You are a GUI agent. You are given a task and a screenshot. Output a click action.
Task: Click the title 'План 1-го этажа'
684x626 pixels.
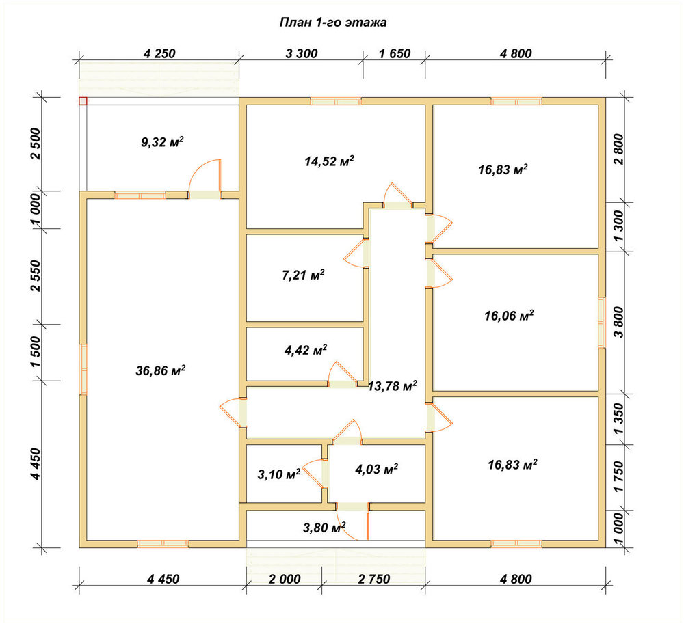(333, 23)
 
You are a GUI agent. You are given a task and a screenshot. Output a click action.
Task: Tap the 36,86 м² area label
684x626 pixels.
(161, 370)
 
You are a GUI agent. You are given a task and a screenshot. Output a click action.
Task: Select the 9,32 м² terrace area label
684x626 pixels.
(162, 141)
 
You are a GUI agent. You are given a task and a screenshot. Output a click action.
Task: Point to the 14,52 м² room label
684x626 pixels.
(329, 161)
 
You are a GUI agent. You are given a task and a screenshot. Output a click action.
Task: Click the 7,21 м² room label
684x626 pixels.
(303, 275)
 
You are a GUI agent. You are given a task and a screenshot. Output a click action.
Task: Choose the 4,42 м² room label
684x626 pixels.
(306, 350)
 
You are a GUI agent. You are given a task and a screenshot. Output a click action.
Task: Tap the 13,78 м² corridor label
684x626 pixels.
(392, 386)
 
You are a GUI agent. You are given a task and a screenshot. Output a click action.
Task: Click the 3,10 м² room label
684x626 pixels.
(279, 474)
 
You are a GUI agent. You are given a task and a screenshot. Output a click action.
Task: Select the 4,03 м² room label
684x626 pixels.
(376, 469)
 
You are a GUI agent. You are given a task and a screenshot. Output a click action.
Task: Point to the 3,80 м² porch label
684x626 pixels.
(324, 528)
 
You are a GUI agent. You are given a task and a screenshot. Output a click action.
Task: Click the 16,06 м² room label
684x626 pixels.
(509, 315)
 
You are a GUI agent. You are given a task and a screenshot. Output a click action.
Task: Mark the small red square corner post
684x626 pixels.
(83, 101)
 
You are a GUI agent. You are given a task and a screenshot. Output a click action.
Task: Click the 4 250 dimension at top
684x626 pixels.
(159, 53)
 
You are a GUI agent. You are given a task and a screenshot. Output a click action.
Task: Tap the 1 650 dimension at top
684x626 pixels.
(395, 53)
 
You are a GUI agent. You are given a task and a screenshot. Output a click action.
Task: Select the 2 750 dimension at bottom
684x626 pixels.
(374, 579)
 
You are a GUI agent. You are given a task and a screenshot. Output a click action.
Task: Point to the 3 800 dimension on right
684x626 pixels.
(619, 322)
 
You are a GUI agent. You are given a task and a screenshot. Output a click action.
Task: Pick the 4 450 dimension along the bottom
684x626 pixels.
(163, 579)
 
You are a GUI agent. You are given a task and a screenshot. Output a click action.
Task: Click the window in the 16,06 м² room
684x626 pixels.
(601, 322)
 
